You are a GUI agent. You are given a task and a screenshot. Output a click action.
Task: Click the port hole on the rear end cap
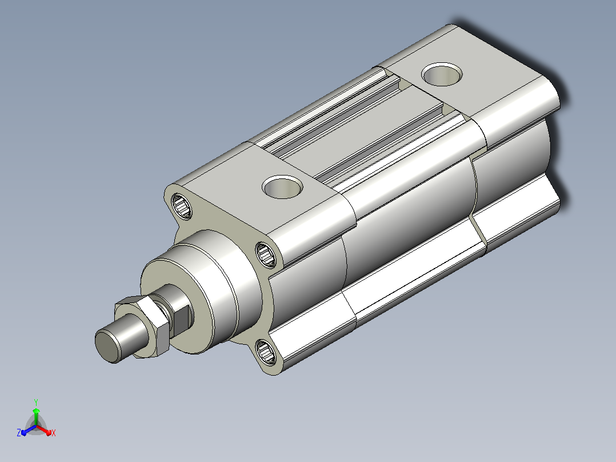coord(442,74)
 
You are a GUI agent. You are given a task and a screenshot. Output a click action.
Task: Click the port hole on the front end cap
coord(282,187)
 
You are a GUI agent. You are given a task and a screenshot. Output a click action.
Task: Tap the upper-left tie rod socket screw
coord(182,206)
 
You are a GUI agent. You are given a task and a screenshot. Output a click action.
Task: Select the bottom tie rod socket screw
coord(266,352)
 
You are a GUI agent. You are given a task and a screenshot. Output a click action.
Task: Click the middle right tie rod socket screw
coord(266,254)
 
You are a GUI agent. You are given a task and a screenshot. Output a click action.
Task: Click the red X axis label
coord(54,433)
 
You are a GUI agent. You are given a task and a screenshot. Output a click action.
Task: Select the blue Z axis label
coord(19,433)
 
